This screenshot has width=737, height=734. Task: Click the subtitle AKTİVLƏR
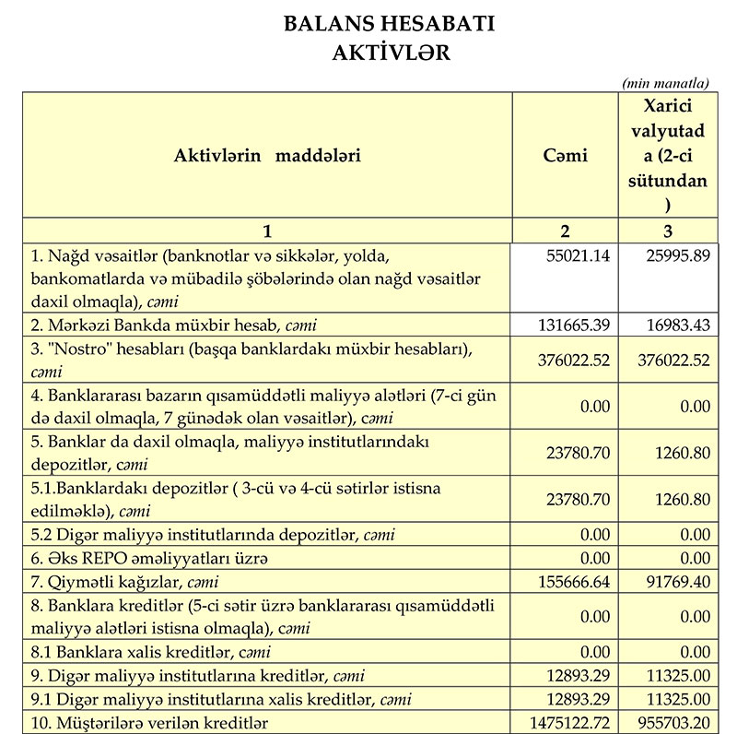391,53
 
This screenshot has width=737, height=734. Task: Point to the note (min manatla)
666,83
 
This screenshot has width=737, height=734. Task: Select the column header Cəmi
565,155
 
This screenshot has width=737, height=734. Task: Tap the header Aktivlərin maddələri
267,155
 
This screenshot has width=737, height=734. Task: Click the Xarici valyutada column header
668,155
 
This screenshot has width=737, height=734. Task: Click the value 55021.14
579,255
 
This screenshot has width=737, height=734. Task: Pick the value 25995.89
678,255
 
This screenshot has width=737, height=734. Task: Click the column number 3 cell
668,231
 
